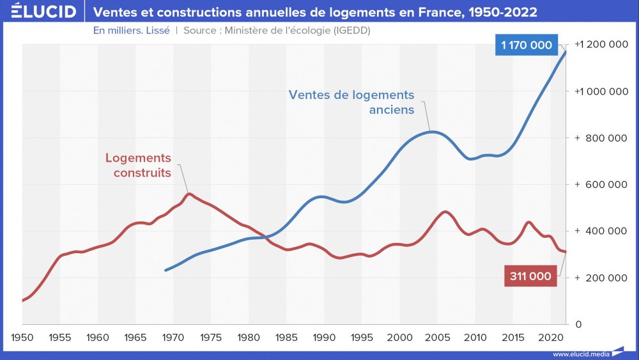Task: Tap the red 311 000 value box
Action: pyautogui.click(x=530, y=276)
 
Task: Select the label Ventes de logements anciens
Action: pyautogui.click(x=351, y=102)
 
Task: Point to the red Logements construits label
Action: pyautogui.click(x=139, y=165)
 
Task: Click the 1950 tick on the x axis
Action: pyautogui.click(x=22, y=337)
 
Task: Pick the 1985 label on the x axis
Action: pyautogui.click(x=286, y=337)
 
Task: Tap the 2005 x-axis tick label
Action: pyautogui.click(x=437, y=337)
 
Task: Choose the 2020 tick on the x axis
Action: pyautogui.click(x=550, y=337)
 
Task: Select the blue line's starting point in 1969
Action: pyautogui.click(x=166, y=270)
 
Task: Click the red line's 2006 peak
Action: pyautogui.click(x=445, y=212)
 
